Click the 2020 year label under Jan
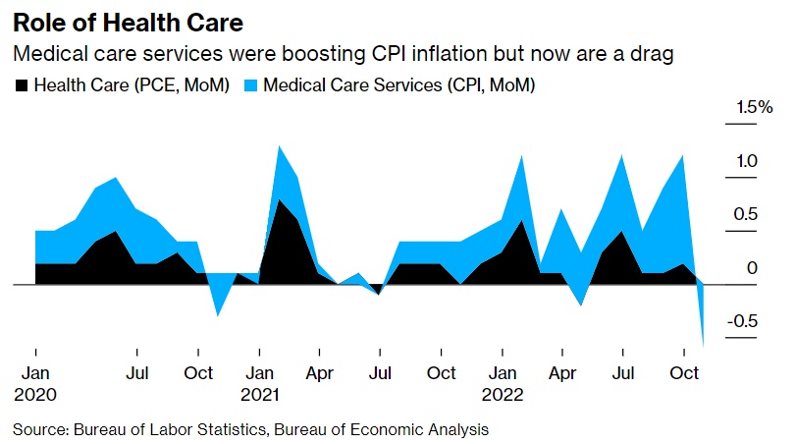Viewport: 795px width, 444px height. (35, 395)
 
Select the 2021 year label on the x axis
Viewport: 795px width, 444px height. (261, 395)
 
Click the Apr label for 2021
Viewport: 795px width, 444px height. (321, 373)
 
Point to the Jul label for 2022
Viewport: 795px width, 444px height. (622, 373)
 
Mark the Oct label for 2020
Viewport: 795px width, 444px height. (198, 373)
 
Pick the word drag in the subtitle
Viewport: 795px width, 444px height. (653, 55)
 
